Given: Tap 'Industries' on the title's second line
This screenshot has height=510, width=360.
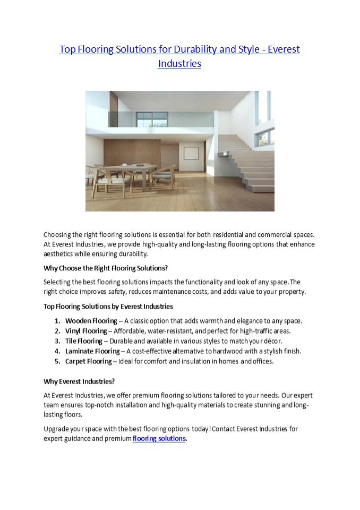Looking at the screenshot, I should click(x=179, y=64).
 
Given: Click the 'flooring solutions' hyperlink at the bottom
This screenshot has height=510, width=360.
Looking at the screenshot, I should click(x=159, y=438).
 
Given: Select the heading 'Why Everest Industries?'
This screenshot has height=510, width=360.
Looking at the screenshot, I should click(x=79, y=381).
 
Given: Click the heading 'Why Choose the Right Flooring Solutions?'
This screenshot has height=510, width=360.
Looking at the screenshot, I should click(x=105, y=268).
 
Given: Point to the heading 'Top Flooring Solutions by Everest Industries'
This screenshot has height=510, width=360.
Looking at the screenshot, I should click(x=108, y=307).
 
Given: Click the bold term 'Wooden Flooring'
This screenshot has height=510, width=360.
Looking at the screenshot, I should click(x=91, y=321).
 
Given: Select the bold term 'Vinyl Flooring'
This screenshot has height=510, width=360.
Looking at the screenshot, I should click(x=85, y=331).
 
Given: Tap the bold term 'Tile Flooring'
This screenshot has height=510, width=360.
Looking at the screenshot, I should click(x=83, y=341).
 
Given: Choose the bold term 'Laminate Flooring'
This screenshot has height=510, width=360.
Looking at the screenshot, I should click(x=92, y=351).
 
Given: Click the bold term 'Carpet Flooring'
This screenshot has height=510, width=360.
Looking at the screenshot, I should click(x=88, y=361).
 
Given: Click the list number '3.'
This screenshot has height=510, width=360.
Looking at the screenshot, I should click(x=57, y=341).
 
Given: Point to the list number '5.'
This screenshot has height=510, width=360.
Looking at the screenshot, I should click(x=57, y=361).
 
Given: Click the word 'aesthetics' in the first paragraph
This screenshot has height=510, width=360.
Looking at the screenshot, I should click(x=59, y=254).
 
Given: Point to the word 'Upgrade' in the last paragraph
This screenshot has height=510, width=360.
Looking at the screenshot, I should click(x=56, y=428).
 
